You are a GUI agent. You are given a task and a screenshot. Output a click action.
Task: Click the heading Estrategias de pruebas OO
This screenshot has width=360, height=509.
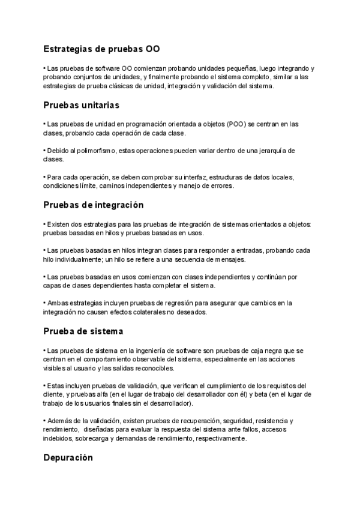(x=101, y=49)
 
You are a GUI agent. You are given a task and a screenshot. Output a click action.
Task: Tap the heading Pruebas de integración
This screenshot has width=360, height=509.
(x=94, y=205)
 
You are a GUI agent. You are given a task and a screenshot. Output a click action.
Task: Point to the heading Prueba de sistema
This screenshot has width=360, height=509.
(x=83, y=331)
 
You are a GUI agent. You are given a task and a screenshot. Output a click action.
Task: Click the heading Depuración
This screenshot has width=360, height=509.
(x=68, y=457)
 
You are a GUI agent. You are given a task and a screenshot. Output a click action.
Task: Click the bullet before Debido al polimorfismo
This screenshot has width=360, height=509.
(x=44, y=150)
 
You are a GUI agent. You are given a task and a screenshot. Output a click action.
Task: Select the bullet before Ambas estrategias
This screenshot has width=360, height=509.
(x=44, y=303)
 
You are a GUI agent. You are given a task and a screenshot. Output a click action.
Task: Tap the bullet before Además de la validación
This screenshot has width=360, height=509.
(x=44, y=421)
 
